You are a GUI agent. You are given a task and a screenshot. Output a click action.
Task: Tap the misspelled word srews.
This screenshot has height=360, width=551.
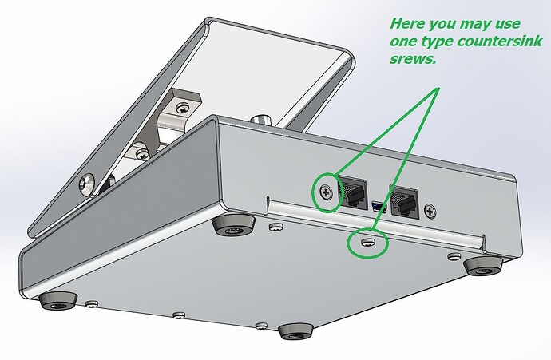click(x=413, y=59)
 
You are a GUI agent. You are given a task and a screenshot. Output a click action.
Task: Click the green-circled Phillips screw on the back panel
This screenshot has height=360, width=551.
click(x=327, y=192)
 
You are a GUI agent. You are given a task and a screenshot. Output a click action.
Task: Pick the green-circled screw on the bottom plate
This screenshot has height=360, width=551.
click(x=367, y=243)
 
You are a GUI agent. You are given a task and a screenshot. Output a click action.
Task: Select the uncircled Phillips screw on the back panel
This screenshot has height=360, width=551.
click(x=430, y=211)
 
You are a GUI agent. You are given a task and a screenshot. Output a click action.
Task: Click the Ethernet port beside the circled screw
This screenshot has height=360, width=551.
click(x=353, y=193)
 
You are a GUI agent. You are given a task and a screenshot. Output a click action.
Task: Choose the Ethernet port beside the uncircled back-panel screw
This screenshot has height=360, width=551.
click(x=404, y=201)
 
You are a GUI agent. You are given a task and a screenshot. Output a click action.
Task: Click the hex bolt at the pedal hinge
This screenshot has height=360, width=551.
click(x=86, y=184)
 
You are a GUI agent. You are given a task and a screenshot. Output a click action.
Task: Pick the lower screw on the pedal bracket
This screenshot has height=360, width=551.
click(x=142, y=153)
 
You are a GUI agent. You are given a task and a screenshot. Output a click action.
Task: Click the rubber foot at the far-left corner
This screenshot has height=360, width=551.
click(x=57, y=301)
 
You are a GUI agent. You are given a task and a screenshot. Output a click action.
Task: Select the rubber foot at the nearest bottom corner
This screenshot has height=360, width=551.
click(x=296, y=331)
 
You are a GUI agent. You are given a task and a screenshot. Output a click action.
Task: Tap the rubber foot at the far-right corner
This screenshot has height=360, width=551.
click(x=484, y=266)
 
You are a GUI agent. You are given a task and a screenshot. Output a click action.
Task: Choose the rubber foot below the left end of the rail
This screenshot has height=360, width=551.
click(x=234, y=225)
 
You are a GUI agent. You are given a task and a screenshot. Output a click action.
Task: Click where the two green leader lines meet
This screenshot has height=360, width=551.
click(x=438, y=88)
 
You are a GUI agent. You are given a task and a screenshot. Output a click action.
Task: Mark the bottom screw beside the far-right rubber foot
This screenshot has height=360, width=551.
click(x=454, y=257)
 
